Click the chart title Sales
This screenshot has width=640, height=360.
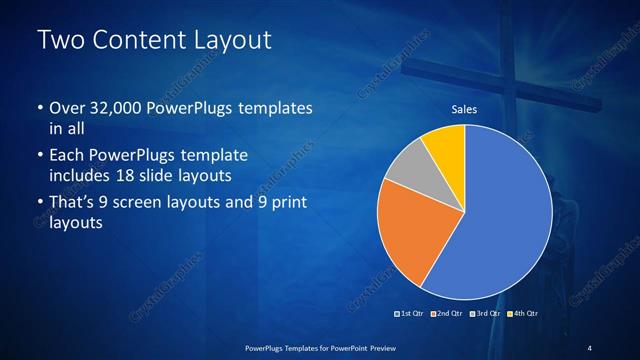tap(464, 109)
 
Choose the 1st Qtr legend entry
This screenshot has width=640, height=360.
tap(411, 315)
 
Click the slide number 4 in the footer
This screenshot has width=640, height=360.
tap(590, 347)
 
